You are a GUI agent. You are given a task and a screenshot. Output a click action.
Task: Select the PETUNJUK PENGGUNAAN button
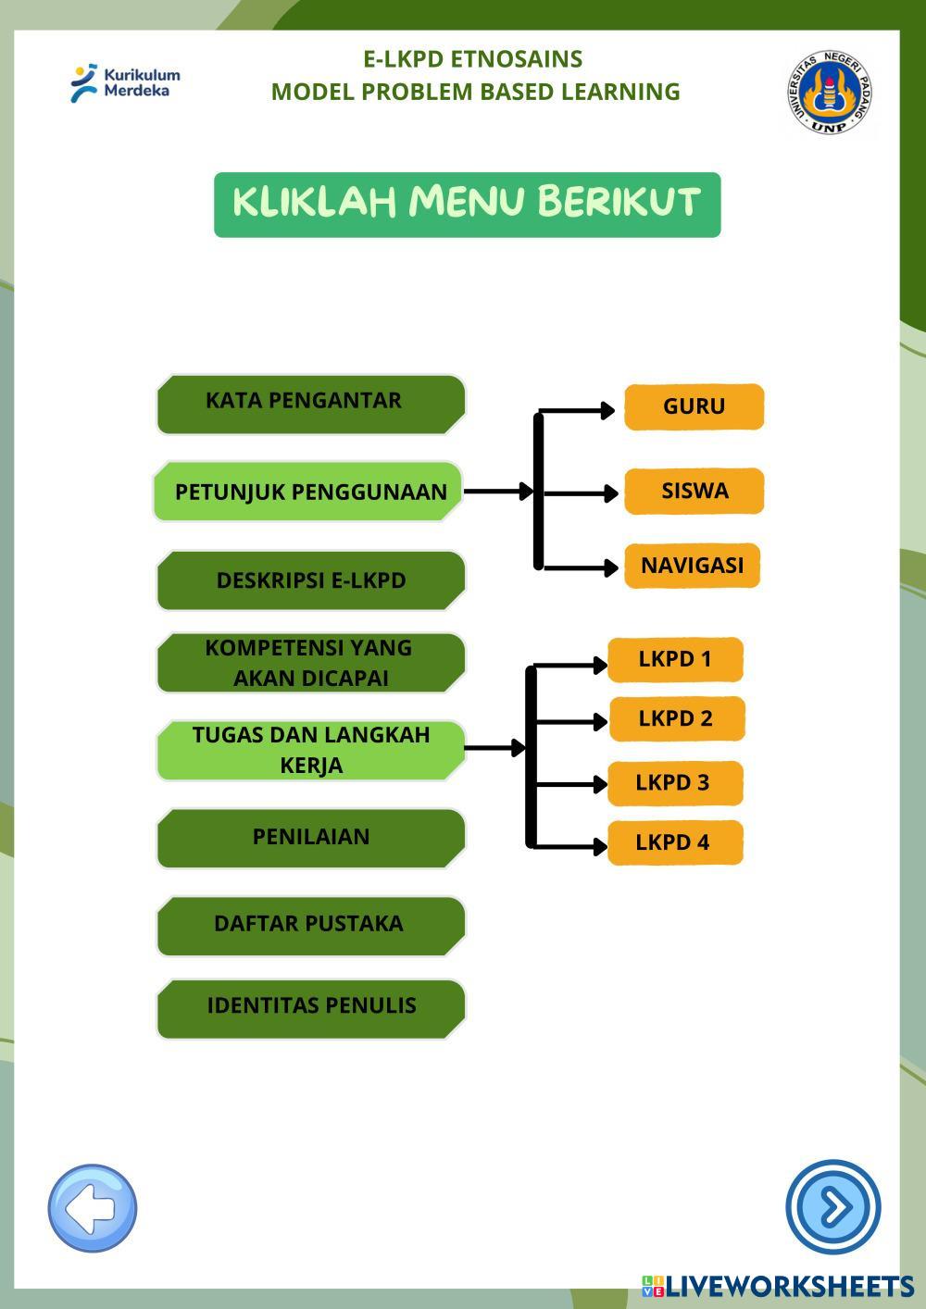point(308,492)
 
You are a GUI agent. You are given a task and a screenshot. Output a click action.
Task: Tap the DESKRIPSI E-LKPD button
point(310,580)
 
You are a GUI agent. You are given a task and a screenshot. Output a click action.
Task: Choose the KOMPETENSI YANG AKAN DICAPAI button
point(310,663)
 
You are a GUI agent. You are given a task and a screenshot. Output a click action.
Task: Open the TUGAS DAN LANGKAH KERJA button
point(310,750)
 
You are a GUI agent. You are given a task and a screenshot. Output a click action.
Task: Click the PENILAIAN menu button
point(310,838)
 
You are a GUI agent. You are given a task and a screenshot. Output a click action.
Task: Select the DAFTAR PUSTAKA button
point(310,925)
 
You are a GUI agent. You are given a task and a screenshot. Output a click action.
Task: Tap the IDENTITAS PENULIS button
point(310,1007)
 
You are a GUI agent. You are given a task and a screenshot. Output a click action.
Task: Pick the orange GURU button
point(694,406)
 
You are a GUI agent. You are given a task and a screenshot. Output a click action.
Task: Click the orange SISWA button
point(694,491)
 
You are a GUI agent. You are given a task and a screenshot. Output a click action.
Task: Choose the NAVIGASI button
point(692,566)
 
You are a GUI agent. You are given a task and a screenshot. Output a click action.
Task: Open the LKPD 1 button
point(675,659)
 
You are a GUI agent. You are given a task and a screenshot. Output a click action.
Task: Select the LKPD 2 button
point(676,718)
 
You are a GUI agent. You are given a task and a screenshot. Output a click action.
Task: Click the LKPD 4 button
point(675,842)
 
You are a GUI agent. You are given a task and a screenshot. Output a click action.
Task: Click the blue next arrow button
point(832,1207)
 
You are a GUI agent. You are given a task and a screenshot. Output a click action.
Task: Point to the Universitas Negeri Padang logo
point(829,92)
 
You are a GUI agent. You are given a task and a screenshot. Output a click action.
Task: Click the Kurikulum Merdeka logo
point(125,82)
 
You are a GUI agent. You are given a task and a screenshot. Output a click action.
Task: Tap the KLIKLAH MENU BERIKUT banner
point(467,205)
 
